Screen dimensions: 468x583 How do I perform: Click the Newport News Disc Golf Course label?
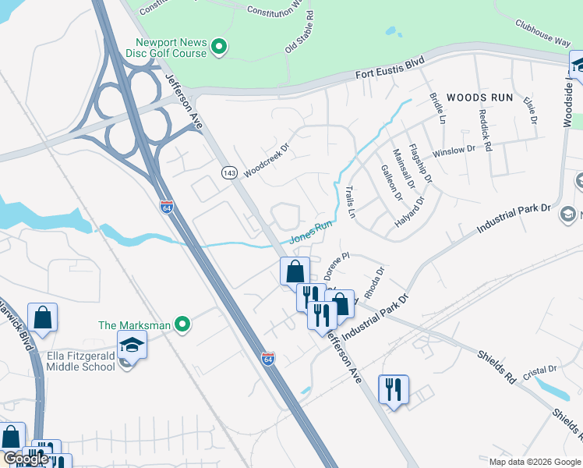[171, 48]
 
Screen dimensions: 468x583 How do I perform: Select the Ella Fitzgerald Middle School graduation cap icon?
[132, 344]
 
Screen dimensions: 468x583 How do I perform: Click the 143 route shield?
[228, 172]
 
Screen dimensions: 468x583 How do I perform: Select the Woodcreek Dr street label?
[266, 159]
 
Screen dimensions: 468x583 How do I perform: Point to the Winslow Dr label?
[453, 151]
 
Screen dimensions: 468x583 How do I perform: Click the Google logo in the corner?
[26, 459]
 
